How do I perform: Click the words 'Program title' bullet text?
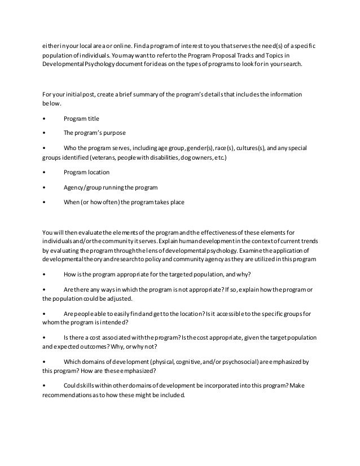(81, 118)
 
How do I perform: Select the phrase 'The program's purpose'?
(94, 133)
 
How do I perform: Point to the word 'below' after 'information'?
(51, 104)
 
